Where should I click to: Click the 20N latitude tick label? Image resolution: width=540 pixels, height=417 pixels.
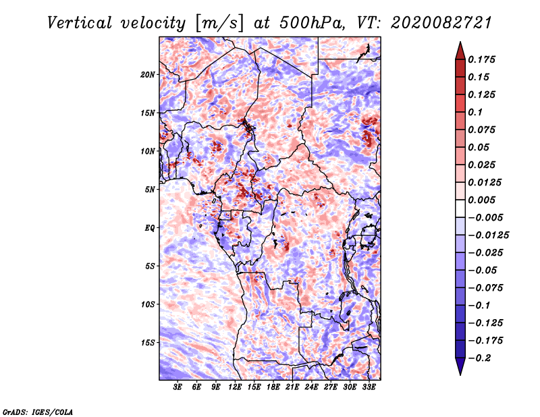[x=147, y=74]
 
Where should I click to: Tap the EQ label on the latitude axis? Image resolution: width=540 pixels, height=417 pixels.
[x=150, y=227]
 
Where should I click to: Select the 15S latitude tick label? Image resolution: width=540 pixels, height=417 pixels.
[x=147, y=343]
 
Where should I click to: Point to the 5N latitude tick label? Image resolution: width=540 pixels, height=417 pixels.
[x=150, y=190]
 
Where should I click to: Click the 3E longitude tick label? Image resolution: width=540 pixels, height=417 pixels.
[x=178, y=387]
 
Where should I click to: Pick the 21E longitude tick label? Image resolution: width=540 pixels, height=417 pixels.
[x=292, y=387]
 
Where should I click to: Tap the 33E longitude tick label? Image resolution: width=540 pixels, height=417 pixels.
[x=369, y=387]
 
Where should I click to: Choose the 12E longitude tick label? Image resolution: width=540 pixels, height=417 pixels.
[x=235, y=387]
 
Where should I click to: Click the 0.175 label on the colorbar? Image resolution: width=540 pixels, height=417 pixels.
[x=481, y=59]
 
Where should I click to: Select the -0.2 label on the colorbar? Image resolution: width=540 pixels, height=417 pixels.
[x=480, y=358]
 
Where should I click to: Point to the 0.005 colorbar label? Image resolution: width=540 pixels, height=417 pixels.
[x=481, y=200]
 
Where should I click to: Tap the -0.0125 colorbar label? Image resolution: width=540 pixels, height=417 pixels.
[x=489, y=235]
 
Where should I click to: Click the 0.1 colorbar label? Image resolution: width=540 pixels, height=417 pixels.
[x=475, y=112]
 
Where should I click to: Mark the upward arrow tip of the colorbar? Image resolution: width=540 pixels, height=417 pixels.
[x=460, y=42]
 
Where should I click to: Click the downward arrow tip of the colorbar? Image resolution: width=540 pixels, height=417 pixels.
[x=460, y=374]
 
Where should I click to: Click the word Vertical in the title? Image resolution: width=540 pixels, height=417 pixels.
[x=79, y=23]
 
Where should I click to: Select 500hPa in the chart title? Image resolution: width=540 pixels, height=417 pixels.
[x=312, y=23]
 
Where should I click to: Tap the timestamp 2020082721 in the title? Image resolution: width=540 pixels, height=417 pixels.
[x=441, y=23]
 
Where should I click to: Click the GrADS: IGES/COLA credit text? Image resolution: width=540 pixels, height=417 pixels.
[x=38, y=412]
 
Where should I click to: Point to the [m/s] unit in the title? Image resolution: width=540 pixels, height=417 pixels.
[x=219, y=24]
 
